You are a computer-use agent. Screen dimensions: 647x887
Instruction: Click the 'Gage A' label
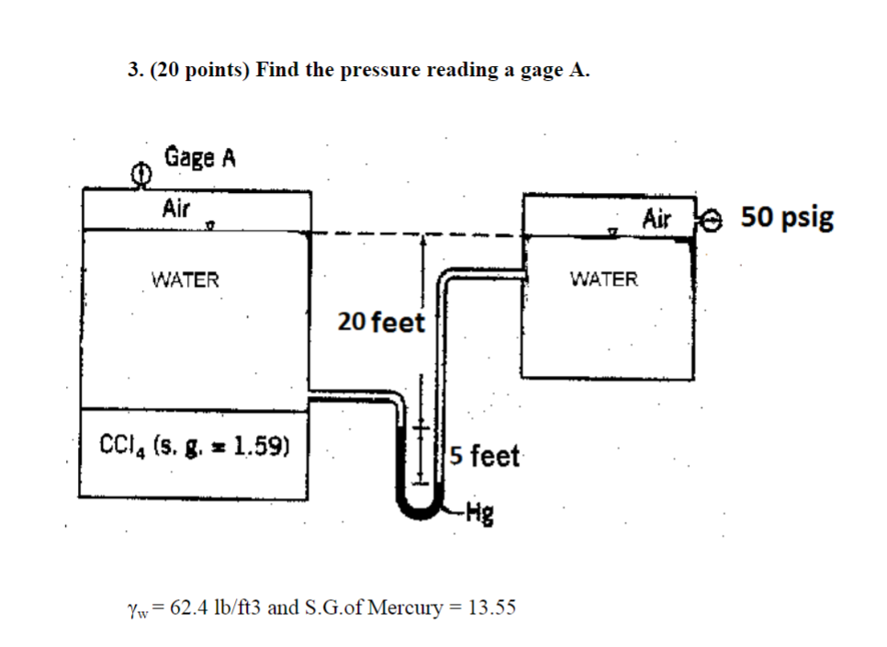[x=200, y=157]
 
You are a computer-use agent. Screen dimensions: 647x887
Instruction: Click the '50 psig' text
[x=787, y=218]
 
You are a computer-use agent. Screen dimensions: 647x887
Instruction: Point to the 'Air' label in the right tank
[x=657, y=219]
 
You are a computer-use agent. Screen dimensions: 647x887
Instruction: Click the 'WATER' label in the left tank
[x=185, y=279]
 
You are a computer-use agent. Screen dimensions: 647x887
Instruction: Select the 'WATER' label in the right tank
[x=603, y=278]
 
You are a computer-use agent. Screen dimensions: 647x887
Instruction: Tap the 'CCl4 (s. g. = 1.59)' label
[x=195, y=448]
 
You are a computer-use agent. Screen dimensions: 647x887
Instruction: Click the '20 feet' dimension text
[x=381, y=323]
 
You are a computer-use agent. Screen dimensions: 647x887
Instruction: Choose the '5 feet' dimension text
[x=485, y=456]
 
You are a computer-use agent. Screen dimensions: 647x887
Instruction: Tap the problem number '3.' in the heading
[x=134, y=71]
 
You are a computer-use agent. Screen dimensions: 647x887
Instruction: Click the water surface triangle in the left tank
[x=211, y=223]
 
